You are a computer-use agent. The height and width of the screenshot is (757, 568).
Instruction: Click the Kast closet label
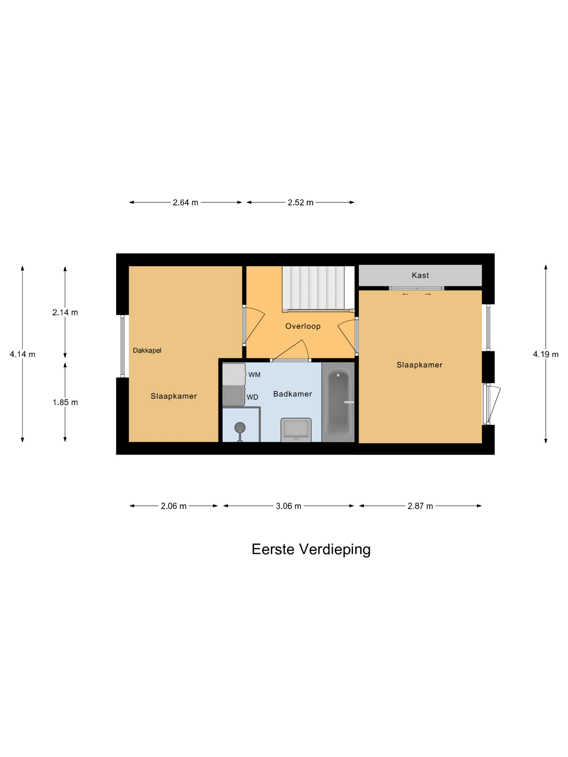420,275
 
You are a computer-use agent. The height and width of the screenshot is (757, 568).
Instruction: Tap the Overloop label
303,326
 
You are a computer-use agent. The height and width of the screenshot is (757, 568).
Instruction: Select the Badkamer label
292,394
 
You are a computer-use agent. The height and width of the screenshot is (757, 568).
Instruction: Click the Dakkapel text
147,350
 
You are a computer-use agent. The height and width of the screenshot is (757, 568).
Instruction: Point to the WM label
254,375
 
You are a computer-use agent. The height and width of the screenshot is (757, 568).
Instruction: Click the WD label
252,397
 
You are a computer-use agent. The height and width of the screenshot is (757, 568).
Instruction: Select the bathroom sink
296,430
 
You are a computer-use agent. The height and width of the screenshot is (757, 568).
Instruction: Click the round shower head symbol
240,427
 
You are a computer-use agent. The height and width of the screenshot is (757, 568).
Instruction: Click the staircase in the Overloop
313,288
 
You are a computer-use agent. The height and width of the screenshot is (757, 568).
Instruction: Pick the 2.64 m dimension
185,202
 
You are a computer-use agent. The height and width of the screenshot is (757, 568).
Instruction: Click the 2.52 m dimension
300,202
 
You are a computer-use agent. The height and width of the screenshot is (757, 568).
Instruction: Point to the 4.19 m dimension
545,354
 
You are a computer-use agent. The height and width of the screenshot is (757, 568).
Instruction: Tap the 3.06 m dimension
288,506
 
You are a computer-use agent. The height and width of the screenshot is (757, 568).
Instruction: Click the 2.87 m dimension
420,506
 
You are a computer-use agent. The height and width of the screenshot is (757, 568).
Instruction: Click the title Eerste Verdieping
311,550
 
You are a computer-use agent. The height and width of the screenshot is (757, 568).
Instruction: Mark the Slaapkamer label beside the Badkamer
174,396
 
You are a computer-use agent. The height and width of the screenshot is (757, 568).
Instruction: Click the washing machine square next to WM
233,374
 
